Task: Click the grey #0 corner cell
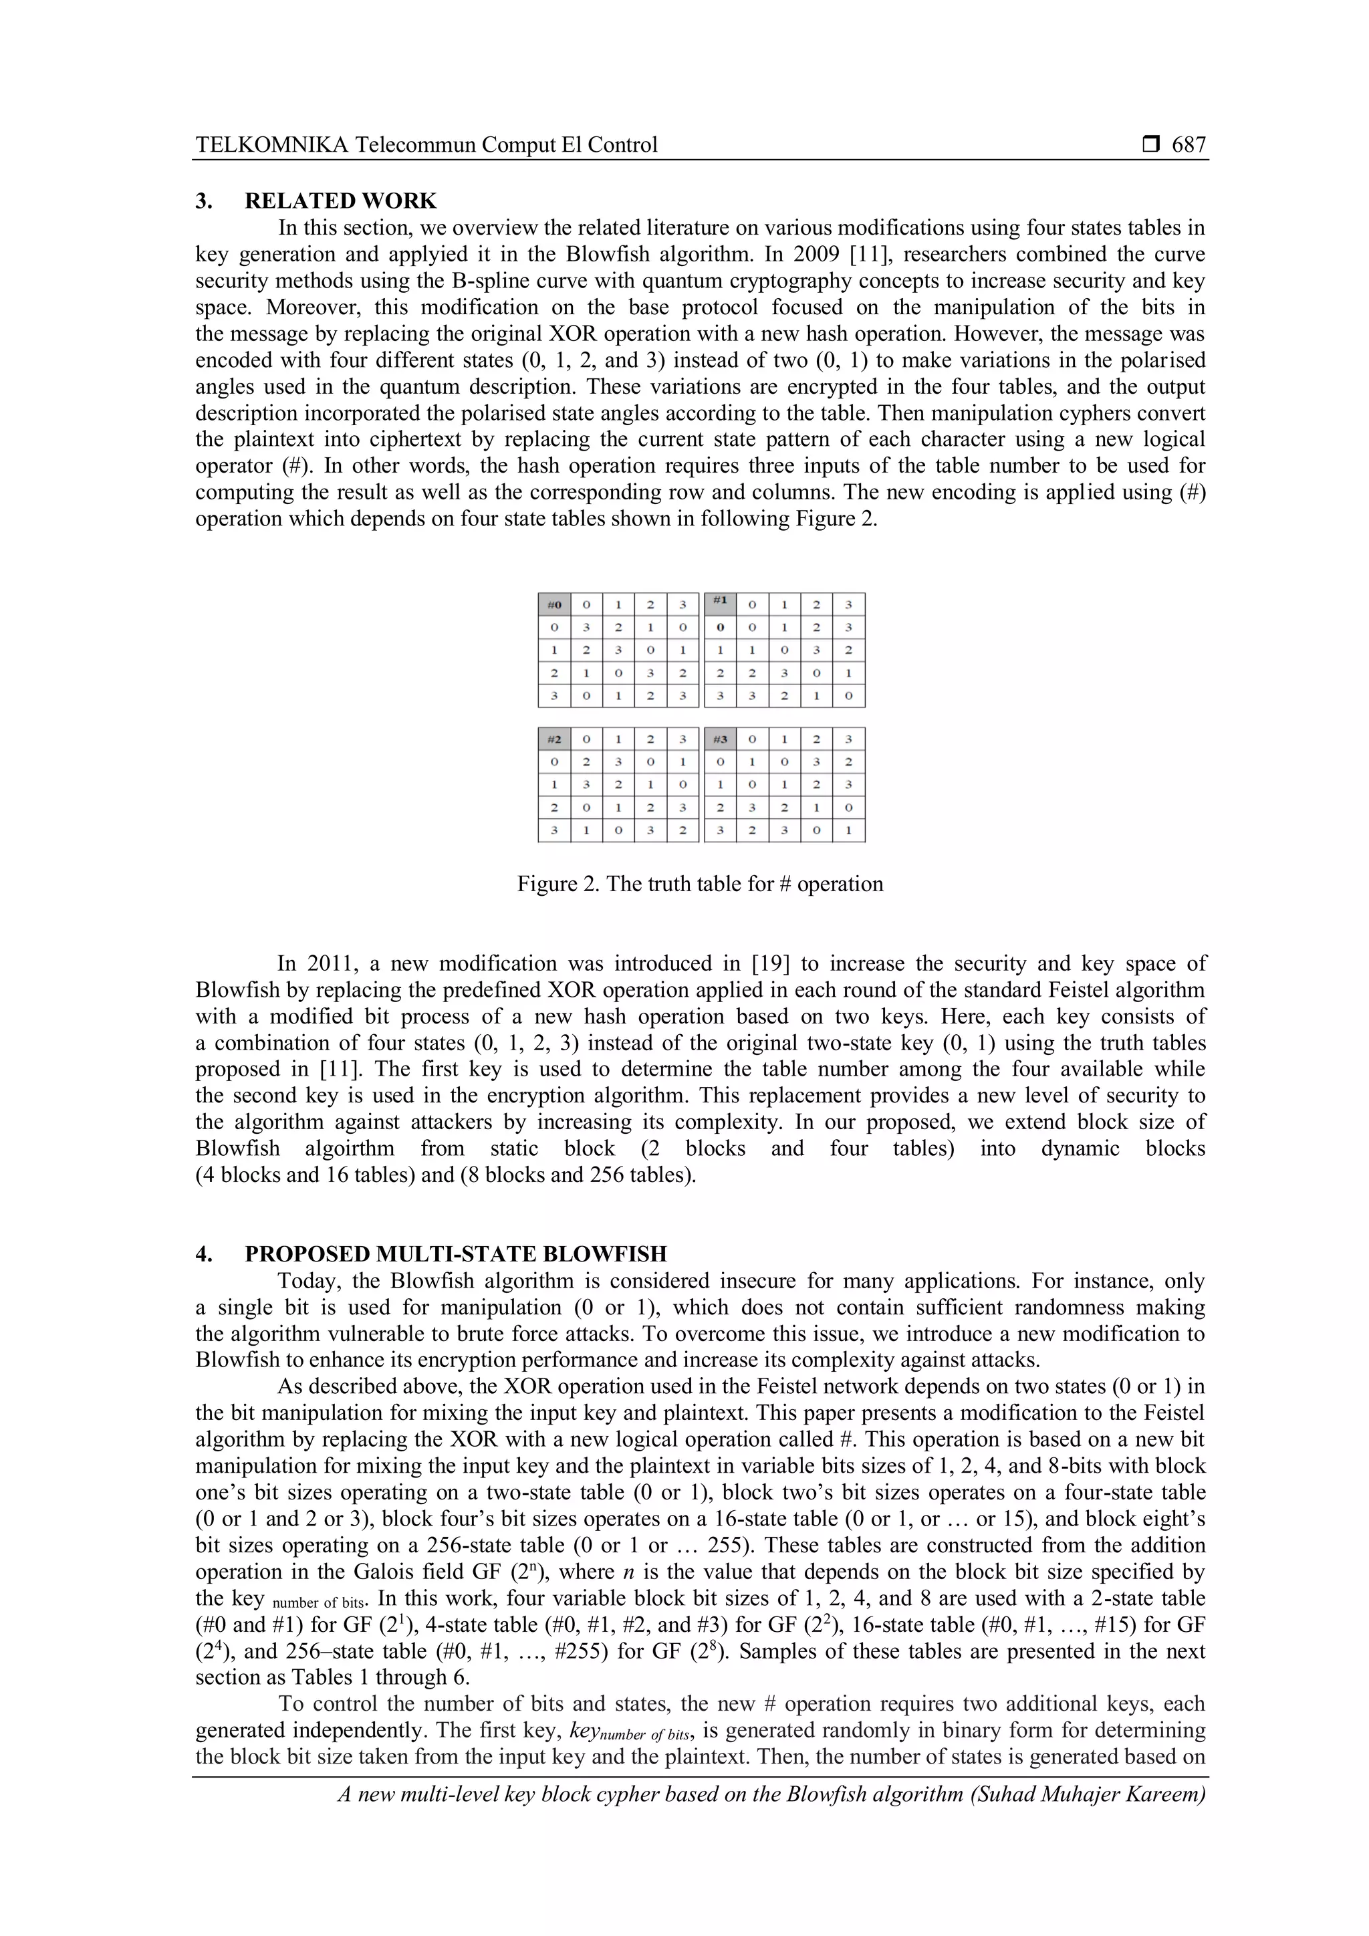pyautogui.click(x=554, y=604)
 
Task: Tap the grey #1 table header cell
pyautogui.click(x=720, y=603)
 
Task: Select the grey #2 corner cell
pyautogui.click(x=554, y=739)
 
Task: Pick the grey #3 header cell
pyautogui.click(x=720, y=739)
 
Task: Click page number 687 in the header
pyautogui.click(x=1189, y=145)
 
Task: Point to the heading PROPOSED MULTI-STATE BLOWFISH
pyautogui.click(x=455, y=1254)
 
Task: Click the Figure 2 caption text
pyautogui.click(x=700, y=884)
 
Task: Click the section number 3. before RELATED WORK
pyautogui.click(x=204, y=201)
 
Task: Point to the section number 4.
pyautogui.click(x=204, y=1254)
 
